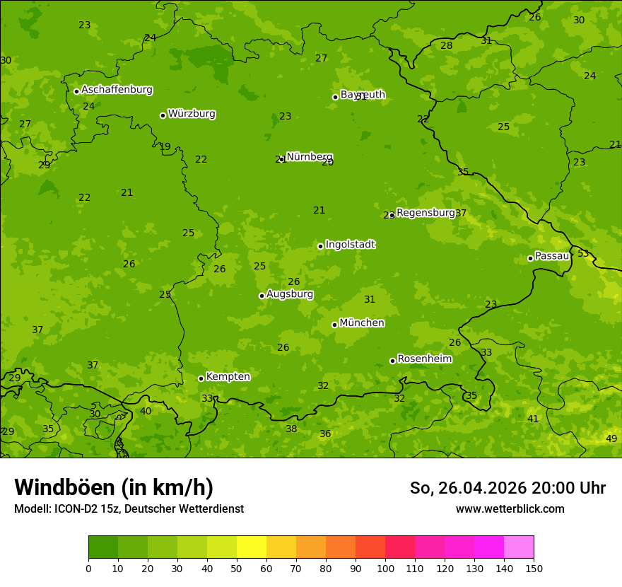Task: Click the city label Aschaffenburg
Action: coord(117,90)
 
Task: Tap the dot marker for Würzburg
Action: coord(163,115)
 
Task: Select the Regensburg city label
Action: coord(426,213)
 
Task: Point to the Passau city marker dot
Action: coord(530,258)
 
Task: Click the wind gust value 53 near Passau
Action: coord(583,253)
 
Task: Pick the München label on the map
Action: coord(362,323)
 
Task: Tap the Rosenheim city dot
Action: coord(392,361)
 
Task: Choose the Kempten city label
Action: coord(228,377)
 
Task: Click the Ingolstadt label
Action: coord(350,245)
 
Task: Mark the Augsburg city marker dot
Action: coord(262,296)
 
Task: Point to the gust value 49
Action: coord(611,438)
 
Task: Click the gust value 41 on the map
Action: coord(533,419)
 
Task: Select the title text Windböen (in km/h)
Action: coord(114,487)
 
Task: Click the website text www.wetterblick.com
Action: coord(510,508)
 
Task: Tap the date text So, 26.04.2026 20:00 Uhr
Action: coord(507,488)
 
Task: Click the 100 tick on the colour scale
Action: coord(385,567)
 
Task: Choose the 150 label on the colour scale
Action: coord(534,567)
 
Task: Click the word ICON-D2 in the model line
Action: coord(74,508)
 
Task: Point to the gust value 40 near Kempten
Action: coord(146,411)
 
